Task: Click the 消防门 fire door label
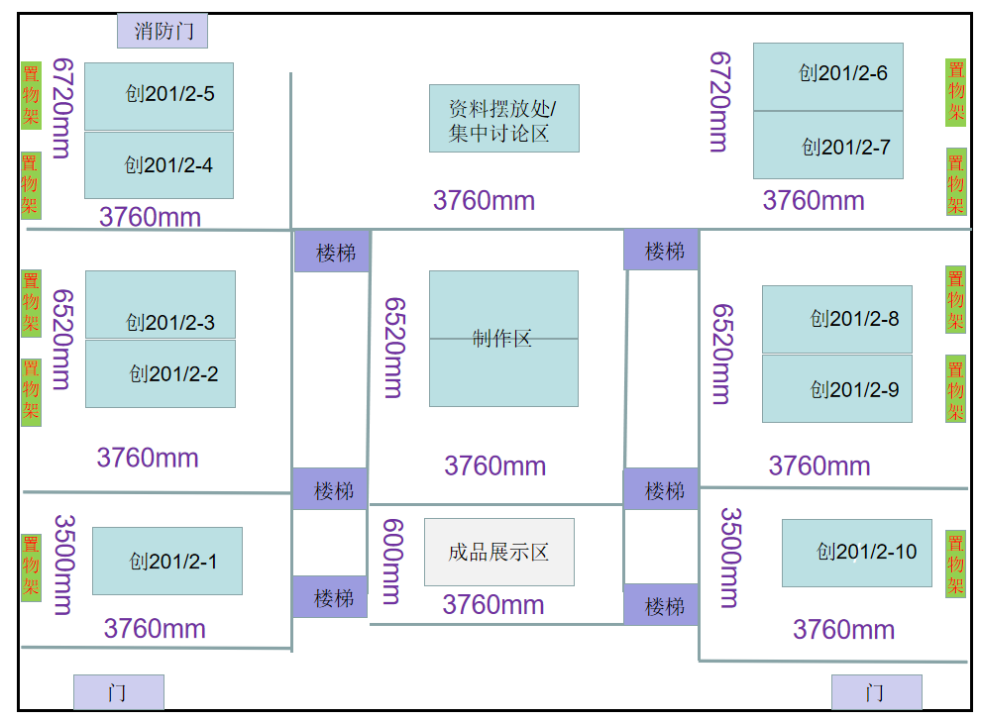click(163, 31)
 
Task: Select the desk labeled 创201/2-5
click(159, 96)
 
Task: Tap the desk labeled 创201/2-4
click(159, 165)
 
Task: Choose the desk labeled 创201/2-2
click(161, 373)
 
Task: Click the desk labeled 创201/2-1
click(167, 561)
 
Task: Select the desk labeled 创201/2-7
click(828, 146)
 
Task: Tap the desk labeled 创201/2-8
click(837, 319)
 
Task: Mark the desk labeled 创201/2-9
click(837, 388)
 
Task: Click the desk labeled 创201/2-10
click(857, 553)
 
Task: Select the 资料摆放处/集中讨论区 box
click(503, 118)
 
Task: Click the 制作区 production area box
click(503, 339)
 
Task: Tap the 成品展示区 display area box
click(499, 552)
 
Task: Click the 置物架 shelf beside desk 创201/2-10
click(955, 565)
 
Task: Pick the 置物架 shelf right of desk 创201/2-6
click(955, 92)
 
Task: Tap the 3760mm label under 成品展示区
click(492, 604)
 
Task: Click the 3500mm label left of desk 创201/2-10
click(729, 557)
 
